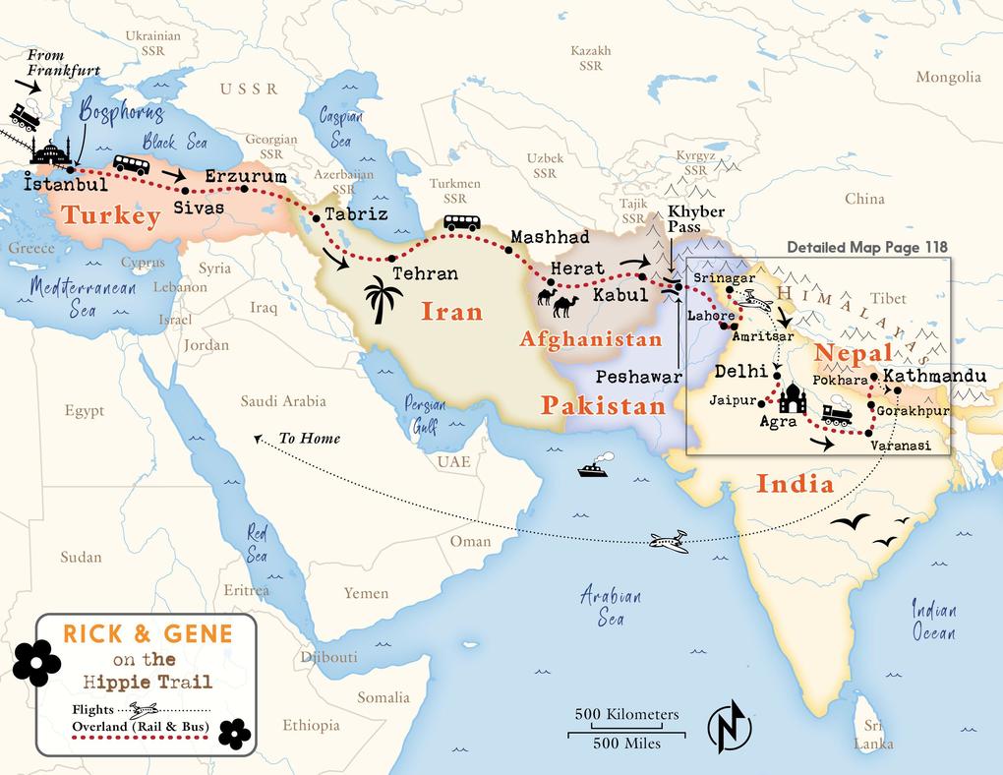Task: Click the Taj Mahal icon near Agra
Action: (792, 397)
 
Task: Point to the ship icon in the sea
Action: (592, 466)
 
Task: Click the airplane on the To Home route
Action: (669, 540)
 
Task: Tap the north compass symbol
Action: (729, 727)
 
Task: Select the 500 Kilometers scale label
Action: (626, 713)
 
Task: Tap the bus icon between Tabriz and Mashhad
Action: (462, 223)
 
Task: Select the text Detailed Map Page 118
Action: (868, 248)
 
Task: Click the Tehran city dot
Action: (391, 258)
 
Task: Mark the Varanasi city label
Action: (896, 446)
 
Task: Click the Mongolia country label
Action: (948, 77)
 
